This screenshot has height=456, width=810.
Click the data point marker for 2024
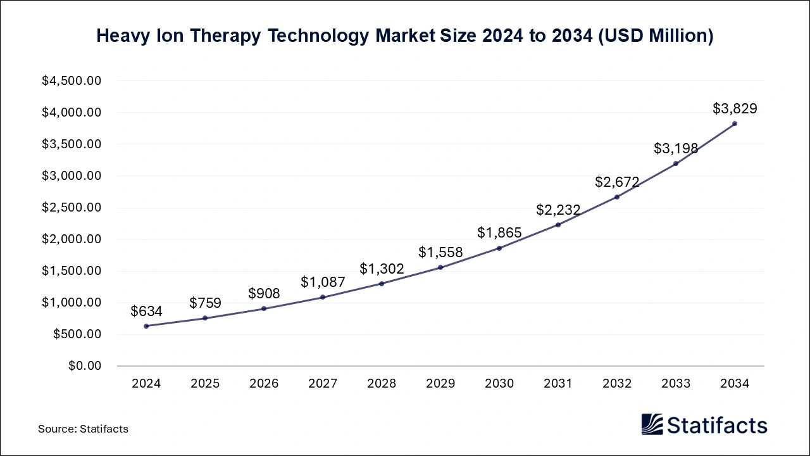click(x=146, y=326)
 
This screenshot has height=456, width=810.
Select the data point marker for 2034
click(x=734, y=123)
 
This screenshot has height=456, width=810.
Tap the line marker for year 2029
click(x=440, y=267)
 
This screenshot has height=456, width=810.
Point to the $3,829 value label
click(x=734, y=109)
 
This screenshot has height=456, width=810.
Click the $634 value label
click(x=146, y=311)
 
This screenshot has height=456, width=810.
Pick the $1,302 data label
click(x=382, y=269)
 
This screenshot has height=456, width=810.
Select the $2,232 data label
click(x=558, y=210)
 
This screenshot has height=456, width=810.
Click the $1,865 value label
click(x=499, y=232)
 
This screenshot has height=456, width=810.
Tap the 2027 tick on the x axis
click(x=323, y=384)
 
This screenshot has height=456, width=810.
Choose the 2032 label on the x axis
click(x=617, y=384)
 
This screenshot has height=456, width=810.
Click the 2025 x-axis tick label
click(x=205, y=384)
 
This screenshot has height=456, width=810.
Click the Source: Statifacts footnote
click(x=83, y=429)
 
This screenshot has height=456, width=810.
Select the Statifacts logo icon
click(x=652, y=424)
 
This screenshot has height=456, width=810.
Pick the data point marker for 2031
click(x=558, y=225)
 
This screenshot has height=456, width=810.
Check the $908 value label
click(x=264, y=293)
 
